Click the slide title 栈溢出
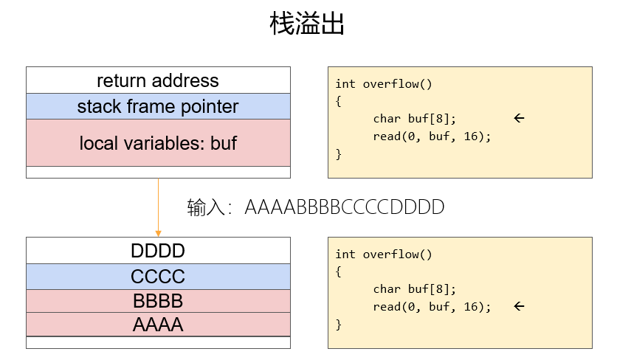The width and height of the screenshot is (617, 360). pyautogui.click(x=307, y=25)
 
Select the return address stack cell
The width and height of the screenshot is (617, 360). pyautogui.click(x=158, y=80)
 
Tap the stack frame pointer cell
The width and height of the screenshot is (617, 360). pyautogui.click(x=158, y=106)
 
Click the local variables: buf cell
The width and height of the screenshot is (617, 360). pyautogui.click(x=158, y=143)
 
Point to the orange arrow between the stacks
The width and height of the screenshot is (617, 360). pyautogui.click(x=158, y=207)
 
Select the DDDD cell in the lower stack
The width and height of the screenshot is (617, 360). pyautogui.click(x=158, y=251)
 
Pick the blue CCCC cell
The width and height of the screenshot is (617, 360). pyautogui.click(x=158, y=277)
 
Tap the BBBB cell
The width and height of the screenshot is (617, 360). pyautogui.click(x=158, y=301)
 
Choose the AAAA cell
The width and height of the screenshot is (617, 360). pyautogui.click(x=158, y=325)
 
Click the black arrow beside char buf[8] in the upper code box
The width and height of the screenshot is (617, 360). pyautogui.click(x=519, y=118)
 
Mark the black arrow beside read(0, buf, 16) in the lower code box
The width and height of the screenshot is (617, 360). pyautogui.click(x=519, y=306)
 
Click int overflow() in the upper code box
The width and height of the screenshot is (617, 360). pyautogui.click(x=384, y=83)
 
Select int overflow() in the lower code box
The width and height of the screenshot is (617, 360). pyautogui.click(x=384, y=254)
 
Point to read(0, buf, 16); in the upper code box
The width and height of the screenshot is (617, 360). pyautogui.click(x=432, y=136)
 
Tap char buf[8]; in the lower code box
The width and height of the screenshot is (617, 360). pyautogui.click(x=415, y=288)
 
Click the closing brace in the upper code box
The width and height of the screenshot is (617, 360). pyautogui.click(x=339, y=154)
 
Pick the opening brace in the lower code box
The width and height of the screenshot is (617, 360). pyautogui.click(x=339, y=271)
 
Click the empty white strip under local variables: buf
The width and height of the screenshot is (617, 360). pyautogui.click(x=158, y=172)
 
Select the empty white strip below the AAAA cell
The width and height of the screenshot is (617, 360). pyautogui.click(x=158, y=342)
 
